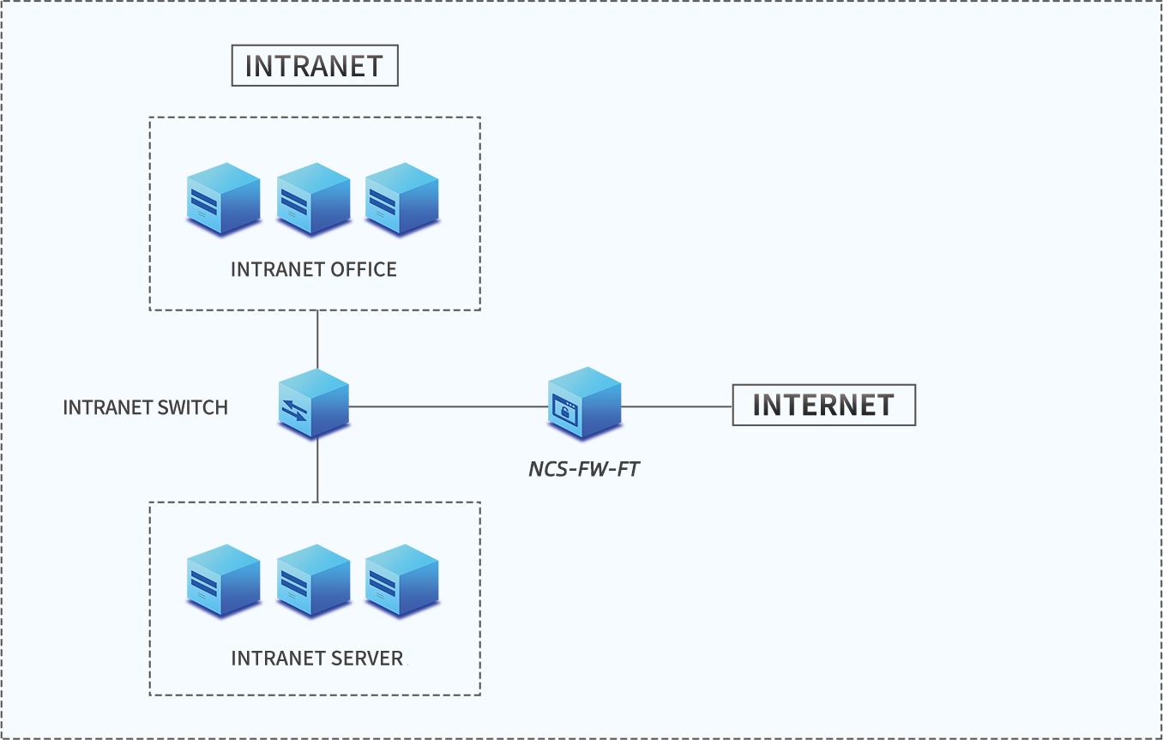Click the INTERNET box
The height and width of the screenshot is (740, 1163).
[823, 405]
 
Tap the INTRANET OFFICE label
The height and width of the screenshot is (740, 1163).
[314, 269]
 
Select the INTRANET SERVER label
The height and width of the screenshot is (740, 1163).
[317, 659]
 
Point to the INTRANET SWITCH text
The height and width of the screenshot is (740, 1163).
[146, 407]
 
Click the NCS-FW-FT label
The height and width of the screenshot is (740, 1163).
[584, 469]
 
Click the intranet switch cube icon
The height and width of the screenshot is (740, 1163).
[314, 404]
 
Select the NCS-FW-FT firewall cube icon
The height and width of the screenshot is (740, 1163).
[584, 402]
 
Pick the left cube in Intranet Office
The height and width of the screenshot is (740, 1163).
[224, 199]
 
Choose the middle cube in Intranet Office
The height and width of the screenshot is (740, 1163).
[314, 199]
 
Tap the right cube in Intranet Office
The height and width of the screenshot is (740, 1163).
[402, 199]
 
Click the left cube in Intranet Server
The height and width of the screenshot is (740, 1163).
[224, 581]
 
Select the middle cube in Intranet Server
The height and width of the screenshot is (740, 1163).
[314, 581]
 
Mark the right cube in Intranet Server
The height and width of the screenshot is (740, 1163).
[402, 581]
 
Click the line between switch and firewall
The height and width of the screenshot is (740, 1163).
[446, 406]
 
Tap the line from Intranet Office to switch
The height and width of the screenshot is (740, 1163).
[317, 339]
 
